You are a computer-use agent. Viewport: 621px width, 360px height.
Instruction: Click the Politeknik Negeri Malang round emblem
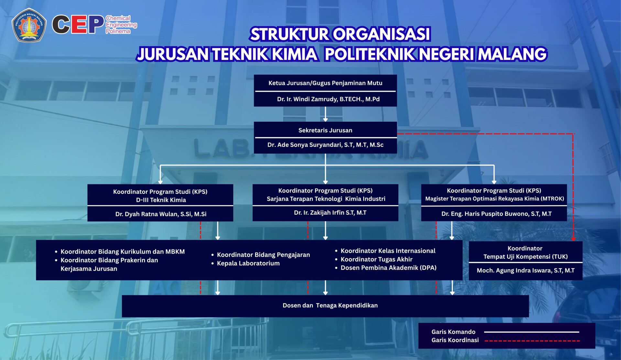tap(29, 25)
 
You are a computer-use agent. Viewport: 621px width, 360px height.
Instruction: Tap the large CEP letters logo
tap(78, 25)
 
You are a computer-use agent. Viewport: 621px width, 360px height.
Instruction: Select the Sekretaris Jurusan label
tap(325, 130)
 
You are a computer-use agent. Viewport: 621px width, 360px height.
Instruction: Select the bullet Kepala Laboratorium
tap(248, 263)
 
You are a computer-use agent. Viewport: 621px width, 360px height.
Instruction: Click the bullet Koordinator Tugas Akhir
tap(376, 259)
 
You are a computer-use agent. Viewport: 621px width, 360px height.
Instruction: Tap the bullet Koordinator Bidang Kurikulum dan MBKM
tap(122, 252)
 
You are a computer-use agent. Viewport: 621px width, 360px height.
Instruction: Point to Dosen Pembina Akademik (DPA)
tap(388, 268)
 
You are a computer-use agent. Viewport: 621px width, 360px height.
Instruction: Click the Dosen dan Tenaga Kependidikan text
tap(330, 305)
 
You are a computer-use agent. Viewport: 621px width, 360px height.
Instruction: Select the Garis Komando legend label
tap(453, 332)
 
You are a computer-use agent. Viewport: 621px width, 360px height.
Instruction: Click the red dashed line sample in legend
tap(532, 341)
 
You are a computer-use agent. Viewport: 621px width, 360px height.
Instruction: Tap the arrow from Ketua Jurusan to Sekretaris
tap(325, 115)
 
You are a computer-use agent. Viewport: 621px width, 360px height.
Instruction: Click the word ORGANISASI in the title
tap(382, 34)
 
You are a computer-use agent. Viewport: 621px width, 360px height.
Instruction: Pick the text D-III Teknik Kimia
tap(161, 200)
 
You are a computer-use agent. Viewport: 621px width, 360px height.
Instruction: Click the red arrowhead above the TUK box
tap(573, 239)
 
